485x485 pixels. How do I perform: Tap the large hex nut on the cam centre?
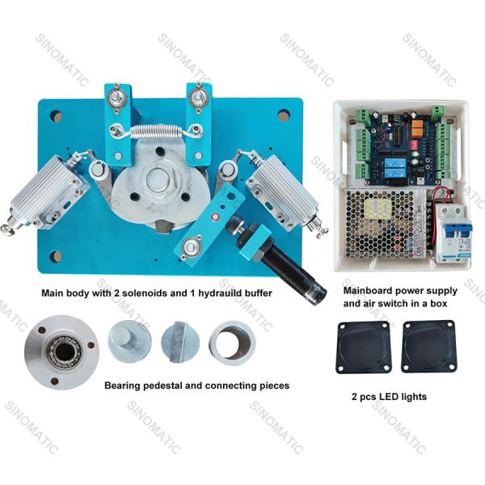tap(158, 180)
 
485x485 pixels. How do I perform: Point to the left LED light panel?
tap(363, 347)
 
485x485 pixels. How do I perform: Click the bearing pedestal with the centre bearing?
tap(62, 352)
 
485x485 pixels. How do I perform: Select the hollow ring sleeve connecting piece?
tap(232, 344)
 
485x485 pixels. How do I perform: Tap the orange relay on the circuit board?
tap(417, 127)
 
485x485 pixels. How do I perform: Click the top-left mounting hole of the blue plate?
tap(56, 116)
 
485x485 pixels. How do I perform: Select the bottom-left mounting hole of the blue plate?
tap(56, 255)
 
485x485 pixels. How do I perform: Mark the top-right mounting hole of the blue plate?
tap(284, 115)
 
